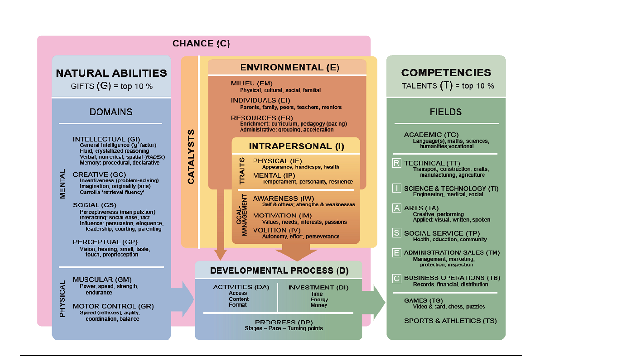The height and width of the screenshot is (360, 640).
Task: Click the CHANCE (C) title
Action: pyautogui.click(x=201, y=43)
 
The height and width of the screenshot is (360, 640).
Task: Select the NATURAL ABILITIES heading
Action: pyautogui.click(x=111, y=73)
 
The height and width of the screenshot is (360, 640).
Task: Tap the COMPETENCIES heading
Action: pyautogui.click(x=446, y=73)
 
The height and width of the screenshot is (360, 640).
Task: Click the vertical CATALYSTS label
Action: pyautogui.click(x=191, y=156)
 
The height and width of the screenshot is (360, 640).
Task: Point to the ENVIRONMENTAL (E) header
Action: pyautogui.click(x=290, y=67)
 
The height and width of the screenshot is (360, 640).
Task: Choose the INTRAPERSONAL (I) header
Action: pyautogui.click(x=297, y=146)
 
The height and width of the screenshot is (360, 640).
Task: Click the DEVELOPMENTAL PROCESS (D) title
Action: pyautogui.click(x=279, y=271)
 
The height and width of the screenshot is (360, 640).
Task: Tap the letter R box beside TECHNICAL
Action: pyautogui.click(x=397, y=163)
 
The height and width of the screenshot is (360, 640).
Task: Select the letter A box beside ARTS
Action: pyautogui.click(x=397, y=208)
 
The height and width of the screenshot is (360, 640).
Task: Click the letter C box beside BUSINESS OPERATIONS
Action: pyautogui.click(x=397, y=278)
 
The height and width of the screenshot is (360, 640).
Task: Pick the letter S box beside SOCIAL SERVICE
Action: pyautogui.click(x=397, y=233)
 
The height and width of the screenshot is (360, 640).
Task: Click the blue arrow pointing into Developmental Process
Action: pyautogui.click(x=183, y=299)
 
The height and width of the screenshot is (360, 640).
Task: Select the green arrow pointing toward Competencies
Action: pyautogui.click(x=374, y=302)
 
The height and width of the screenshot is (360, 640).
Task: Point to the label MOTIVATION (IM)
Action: pyautogui.click(x=282, y=216)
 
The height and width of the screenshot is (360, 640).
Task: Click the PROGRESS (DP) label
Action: pyautogui.click(x=284, y=322)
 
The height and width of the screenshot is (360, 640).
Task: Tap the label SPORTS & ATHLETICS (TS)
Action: pyautogui.click(x=450, y=321)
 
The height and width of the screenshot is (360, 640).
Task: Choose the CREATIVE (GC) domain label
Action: pyautogui.click(x=99, y=174)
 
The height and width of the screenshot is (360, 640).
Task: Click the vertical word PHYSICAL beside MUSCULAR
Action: pyautogui.click(x=62, y=299)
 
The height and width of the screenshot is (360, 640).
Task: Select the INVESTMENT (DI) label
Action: pyautogui.click(x=318, y=288)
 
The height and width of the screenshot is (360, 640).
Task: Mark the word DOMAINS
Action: pyautogui.click(x=111, y=112)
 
